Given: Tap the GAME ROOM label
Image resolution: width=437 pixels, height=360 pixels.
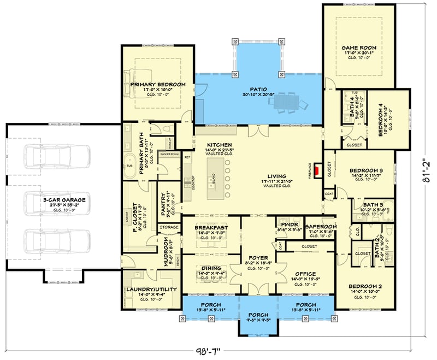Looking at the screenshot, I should [359, 48].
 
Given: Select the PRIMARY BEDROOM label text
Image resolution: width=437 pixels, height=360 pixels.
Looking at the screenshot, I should [158, 85].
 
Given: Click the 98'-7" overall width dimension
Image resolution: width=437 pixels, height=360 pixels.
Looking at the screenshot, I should [214, 350].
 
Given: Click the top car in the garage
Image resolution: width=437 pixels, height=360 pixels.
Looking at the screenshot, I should [57, 157].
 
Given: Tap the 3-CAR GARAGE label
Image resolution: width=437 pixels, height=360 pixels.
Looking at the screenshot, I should [65, 200].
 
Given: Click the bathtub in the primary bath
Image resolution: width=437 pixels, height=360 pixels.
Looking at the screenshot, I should [129, 166].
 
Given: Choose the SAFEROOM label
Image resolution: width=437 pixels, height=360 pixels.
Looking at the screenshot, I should [321, 226].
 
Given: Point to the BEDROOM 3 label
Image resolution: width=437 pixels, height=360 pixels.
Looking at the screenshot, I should [365, 170].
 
